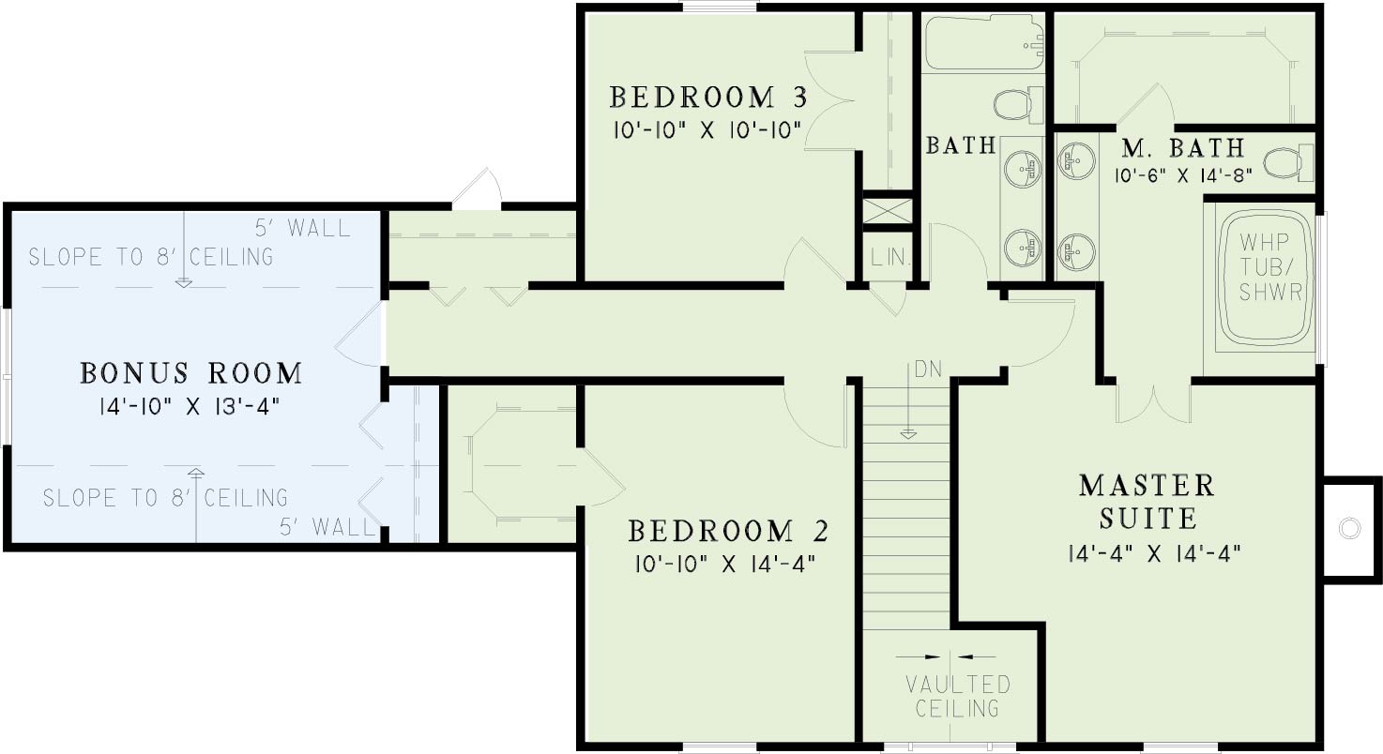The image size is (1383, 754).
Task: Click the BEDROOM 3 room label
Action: click(708, 98)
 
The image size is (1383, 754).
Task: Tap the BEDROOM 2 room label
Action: click(728, 531)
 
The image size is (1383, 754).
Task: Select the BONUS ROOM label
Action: click(191, 373)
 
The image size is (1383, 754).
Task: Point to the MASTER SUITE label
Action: click(1147, 502)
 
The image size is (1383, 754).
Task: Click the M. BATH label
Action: click(1183, 148)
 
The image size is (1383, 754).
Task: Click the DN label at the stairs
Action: click(928, 369)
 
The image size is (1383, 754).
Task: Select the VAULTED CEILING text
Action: click(958, 697)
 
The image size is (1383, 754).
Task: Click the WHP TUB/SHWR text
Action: click(1270, 267)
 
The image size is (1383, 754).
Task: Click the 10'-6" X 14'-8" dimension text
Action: click(1183, 176)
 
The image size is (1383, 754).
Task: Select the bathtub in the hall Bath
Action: click(984, 42)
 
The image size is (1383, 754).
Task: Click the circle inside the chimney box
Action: click(1349, 529)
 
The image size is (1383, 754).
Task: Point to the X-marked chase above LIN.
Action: click(888, 211)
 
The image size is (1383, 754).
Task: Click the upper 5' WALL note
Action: click(303, 229)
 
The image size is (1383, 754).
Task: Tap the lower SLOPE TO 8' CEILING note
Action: click(165, 497)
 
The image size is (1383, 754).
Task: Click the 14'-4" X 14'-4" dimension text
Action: click(1155, 553)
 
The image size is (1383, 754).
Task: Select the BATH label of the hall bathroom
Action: click(961, 145)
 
